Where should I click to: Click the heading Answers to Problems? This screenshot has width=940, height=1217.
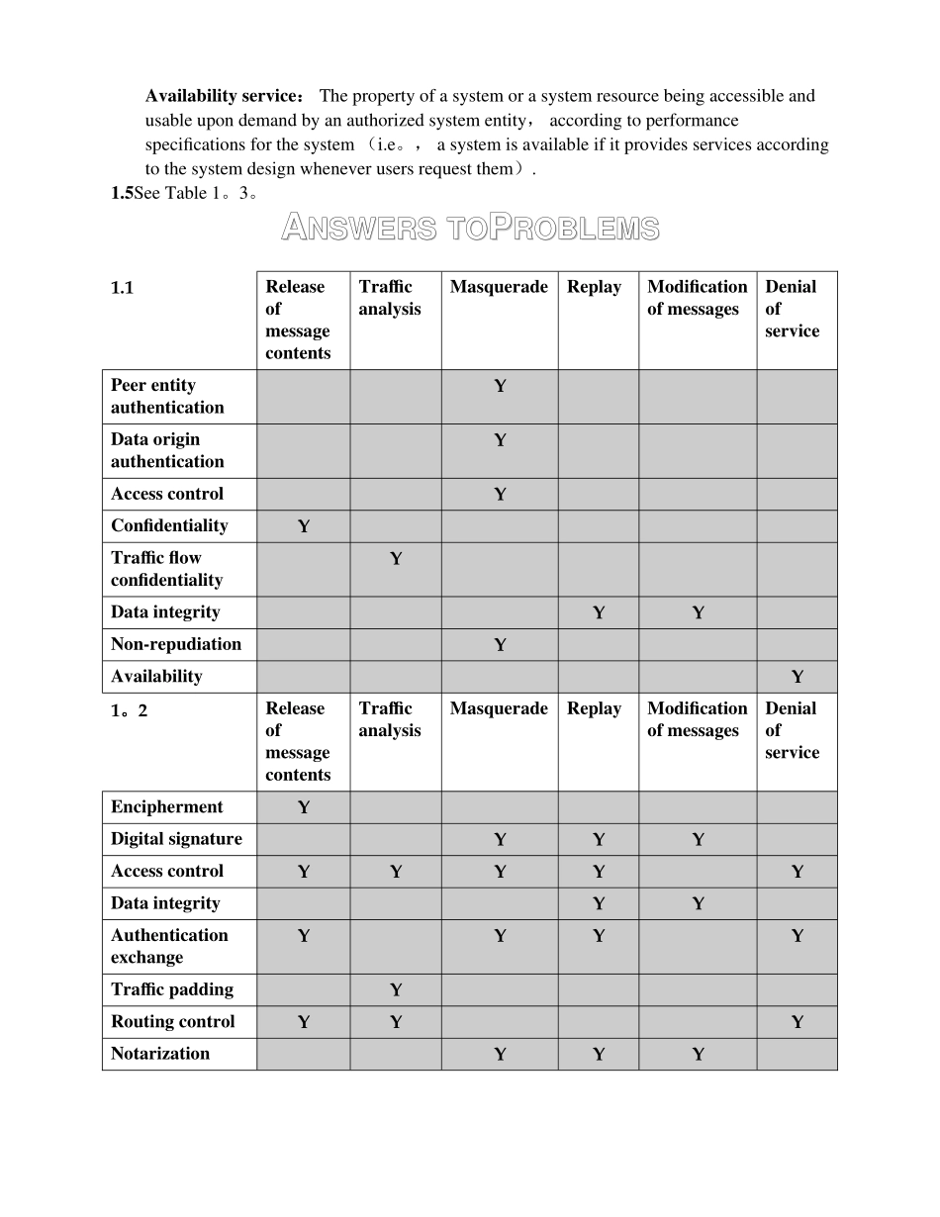point(470,229)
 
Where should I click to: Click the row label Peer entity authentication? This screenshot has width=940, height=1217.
point(167,396)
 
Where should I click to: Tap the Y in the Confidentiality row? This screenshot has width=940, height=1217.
point(304,526)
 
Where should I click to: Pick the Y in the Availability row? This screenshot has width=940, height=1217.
point(798,677)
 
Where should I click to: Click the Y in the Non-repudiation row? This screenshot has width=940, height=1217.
point(500,645)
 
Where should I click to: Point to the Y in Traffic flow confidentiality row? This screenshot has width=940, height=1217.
point(396,559)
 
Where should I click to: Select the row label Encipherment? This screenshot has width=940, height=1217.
point(167,806)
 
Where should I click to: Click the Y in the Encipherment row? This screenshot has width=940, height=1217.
point(304,807)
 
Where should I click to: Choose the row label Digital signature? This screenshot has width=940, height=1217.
point(176,839)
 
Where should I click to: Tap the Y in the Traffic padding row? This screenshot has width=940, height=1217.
point(396,989)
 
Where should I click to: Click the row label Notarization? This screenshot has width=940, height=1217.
point(160,1053)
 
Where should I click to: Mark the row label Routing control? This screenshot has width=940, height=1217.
point(173,1021)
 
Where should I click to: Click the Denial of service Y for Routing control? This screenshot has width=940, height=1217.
point(798,1022)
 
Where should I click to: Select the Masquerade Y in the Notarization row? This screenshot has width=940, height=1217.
point(500,1055)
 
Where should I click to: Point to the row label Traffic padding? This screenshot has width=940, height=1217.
point(172,989)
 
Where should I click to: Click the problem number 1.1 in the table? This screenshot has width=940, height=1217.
point(122,288)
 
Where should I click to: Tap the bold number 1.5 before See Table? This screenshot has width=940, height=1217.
point(122,194)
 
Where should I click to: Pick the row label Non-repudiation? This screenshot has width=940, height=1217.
point(176,644)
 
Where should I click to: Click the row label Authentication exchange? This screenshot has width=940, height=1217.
point(169,946)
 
